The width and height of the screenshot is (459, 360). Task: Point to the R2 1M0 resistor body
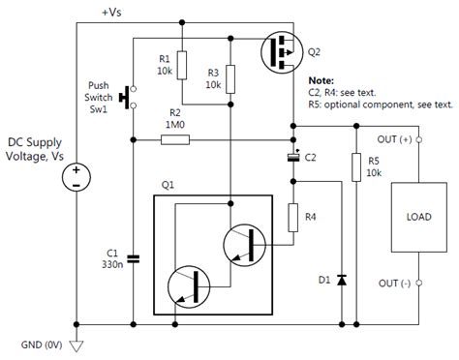[x=175, y=139]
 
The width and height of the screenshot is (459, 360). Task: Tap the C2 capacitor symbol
[x=292, y=155]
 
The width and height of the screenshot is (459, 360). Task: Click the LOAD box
[x=411, y=217]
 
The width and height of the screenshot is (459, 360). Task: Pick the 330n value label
[x=112, y=264]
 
